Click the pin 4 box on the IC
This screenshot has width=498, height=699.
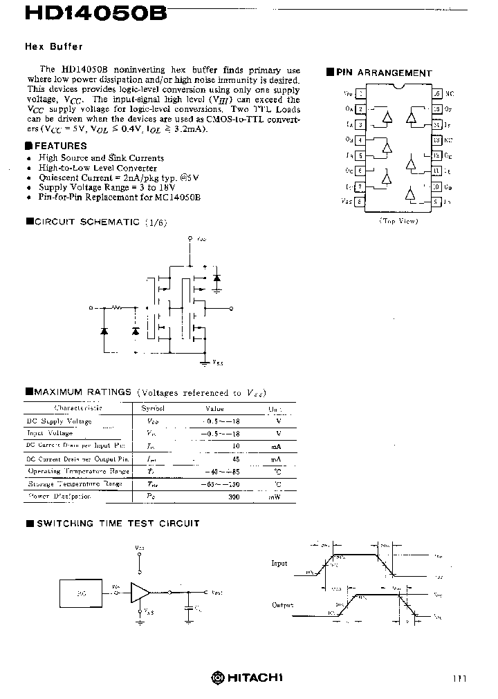360,140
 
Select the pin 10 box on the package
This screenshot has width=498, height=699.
436,186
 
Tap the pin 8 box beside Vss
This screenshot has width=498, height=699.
360,202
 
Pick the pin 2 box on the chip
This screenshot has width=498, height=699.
360,108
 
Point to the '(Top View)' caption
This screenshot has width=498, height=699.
398,220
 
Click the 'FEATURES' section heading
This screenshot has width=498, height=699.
59,146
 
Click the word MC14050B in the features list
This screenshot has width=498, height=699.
178,197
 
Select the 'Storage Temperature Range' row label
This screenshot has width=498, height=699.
75,484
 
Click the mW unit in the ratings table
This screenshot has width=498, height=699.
275,497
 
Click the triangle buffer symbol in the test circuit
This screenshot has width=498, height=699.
140,591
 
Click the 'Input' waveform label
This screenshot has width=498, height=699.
279,564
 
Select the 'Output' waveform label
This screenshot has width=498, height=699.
282,605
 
